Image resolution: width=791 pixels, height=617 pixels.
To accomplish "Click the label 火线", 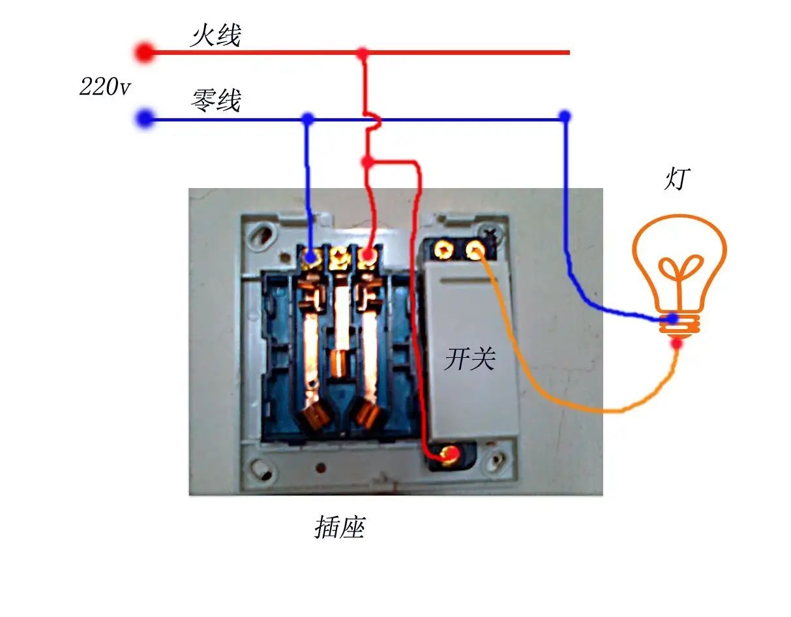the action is (x=215, y=36).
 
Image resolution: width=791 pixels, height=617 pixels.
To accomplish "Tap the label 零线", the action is (x=216, y=100).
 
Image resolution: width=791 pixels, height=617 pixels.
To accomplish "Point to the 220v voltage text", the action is (x=104, y=87).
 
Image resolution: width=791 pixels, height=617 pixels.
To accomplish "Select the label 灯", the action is (x=676, y=179).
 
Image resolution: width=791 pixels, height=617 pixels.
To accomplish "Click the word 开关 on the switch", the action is (x=470, y=359).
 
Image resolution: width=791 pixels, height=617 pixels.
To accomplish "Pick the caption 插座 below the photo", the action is (x=339, y=527).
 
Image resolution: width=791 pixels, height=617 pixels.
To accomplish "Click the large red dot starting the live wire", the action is (x=145, y=52).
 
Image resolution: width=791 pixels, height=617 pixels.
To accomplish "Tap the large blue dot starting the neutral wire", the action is (x=145, y=118).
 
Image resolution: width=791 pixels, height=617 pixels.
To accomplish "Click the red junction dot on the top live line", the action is (x=362, y=53).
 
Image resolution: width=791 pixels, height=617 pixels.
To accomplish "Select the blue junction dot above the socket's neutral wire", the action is (x=308, y=118).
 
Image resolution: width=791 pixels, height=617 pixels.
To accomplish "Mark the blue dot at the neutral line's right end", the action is (x=565, y=117).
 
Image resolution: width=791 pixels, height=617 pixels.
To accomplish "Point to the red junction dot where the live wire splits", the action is (x=367, y=162).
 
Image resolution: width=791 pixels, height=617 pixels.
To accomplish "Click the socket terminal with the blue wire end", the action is (x=310, y=257).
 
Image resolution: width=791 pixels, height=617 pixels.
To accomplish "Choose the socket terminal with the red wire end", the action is (x=368, y=255).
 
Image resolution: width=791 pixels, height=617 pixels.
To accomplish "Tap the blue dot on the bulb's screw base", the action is (x=673, y=318).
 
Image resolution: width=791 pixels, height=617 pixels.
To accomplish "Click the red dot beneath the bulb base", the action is (x=677, y=343).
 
